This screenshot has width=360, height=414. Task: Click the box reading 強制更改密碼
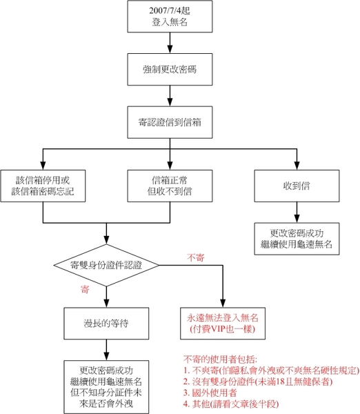pyautogui.click(x=170, y=70)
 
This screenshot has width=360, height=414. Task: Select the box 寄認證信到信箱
pyautogui.click(x=170, y=122)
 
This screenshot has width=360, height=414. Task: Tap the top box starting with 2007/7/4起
pyautogui.click(x=170, y=17)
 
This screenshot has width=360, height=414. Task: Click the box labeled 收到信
pyautogui.click(x=297, y=186)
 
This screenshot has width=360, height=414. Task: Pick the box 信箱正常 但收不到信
pyautogui.click(x=170, y=186)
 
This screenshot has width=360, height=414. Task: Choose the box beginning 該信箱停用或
pyautogui.click(x=43, y=186)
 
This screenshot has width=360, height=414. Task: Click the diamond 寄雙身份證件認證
pyautogui.click(x=106, y=265)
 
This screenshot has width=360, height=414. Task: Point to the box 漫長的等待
pyautogui.click(x=106, y=324)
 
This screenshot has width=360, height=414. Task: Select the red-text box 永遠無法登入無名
pyautogui.click(x=223, y=324)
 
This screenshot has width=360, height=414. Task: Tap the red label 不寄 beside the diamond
pyautogui.click(x=196, y=257)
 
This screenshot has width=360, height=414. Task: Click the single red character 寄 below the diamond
pyautogui.click(x=85, y=289)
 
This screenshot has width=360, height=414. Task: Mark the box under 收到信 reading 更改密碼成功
pyautogui.click(x=297, y=239)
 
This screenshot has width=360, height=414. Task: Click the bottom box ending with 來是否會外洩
pyautogui.click(x=106, y=387)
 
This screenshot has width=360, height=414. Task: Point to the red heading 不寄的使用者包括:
pyautogui.click(x=221, y=359)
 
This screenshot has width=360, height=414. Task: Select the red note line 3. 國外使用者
pyautogui.click(x=210, y=393)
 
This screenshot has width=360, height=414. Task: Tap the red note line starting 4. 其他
pyautogui.click(x=231, y=404)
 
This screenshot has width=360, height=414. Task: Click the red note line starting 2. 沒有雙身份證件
pyautogui.click(x=258, y=382)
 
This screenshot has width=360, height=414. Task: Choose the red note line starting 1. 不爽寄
pyautogui.click(x=271, y=371)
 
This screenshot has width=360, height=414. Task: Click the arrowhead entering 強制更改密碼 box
pyautogui.click(x=170, y=49)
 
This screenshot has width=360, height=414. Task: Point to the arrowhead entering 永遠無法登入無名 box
pyautogui.click(x=223, y=303)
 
